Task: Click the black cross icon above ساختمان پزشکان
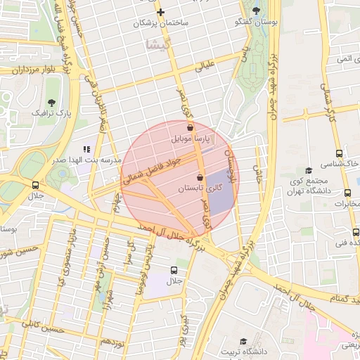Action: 161,12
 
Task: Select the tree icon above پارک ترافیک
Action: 51,102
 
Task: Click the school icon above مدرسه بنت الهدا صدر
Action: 87,149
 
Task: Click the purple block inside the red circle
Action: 220,192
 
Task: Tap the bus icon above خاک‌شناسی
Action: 339,153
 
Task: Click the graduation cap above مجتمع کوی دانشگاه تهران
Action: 308,170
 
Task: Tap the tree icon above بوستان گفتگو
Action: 255,11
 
